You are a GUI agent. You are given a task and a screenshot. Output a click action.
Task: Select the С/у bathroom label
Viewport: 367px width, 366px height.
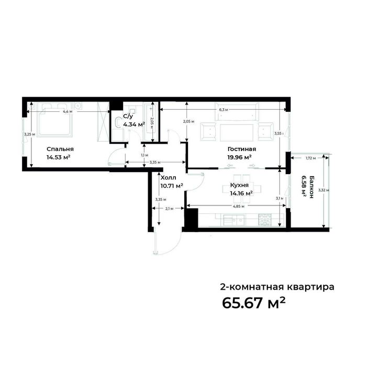tap(127, 117)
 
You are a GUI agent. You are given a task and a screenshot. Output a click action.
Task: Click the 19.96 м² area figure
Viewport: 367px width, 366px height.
tap(239, 156)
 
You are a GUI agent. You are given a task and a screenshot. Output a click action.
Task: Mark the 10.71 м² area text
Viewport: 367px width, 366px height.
tap(172, 186)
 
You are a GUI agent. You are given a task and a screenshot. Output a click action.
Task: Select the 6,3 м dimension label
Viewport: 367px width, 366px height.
tap(223, 110)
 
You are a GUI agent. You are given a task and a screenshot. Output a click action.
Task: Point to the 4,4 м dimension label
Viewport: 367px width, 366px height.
tap(67, 112)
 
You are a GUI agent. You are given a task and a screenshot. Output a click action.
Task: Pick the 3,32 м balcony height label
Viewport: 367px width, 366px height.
tap(327, 190)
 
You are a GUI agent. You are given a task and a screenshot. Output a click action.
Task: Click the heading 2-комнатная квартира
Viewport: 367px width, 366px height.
tap(276, 287)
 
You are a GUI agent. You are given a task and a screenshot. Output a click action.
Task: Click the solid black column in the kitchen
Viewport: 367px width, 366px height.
tap(191, 218)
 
